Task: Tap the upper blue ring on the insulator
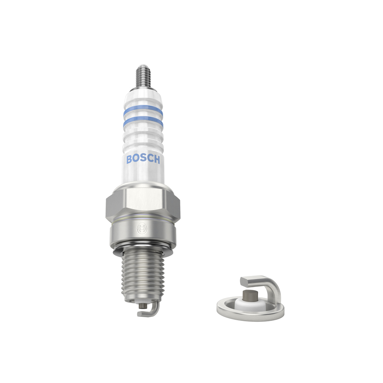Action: pyautogui.click(x=143, y=111)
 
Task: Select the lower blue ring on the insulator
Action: pyautogui.click(x=143, y=123)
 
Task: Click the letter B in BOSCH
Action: pyautogui.click(x=129, y=159)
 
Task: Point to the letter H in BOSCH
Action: pyautogui.click(x=157, y=159)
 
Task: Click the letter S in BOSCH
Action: pyautogui.click(x=143, y=159)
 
